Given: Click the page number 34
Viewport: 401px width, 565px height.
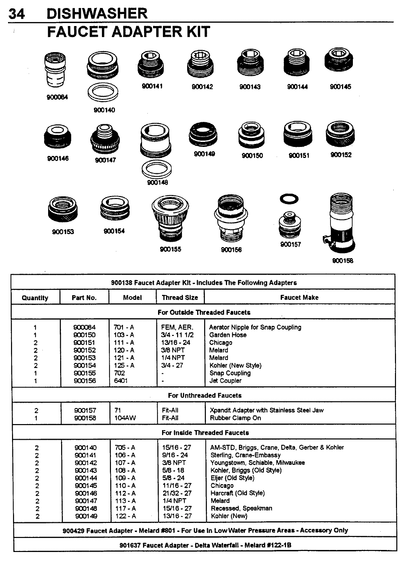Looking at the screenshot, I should [17, 14].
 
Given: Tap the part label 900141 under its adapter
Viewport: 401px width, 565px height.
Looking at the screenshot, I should [152, 86].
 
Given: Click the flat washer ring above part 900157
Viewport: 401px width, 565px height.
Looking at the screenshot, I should [289, 199].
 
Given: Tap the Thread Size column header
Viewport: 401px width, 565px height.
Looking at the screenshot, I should [180, 298].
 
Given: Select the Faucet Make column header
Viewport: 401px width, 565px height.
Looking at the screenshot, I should [299, 298].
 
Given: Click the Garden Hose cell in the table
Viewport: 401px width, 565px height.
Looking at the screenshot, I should [228, 335].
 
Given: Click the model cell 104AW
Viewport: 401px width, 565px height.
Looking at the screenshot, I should [125, 418].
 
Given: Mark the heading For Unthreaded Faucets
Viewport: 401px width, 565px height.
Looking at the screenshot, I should [205, 395].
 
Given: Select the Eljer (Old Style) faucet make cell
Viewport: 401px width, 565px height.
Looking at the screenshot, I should [232, 478].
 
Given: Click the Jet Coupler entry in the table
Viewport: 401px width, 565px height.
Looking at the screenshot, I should [225, 381].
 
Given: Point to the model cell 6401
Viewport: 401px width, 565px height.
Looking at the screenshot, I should [121, 381].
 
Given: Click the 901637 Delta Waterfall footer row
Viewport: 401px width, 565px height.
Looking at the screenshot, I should [205, 545].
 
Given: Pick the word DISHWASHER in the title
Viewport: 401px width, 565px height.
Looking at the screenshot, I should [97, 14].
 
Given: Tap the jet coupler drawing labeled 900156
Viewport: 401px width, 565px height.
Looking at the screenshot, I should [231, 220].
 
